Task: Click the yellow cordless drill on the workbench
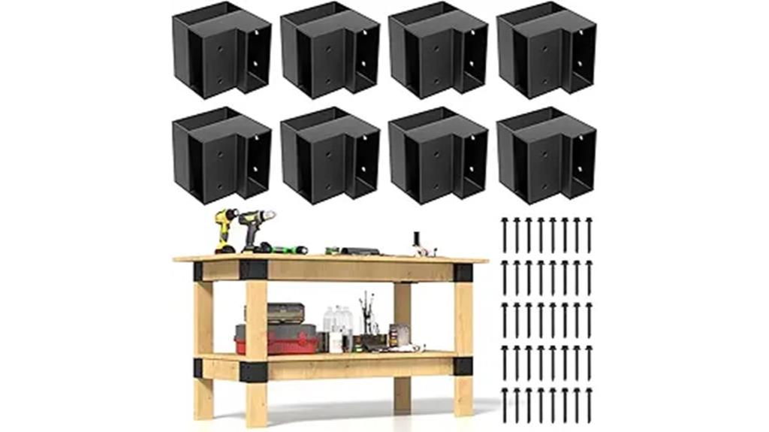coord(225,229)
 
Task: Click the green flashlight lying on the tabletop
coord(289,249)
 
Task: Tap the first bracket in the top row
coord(221,50)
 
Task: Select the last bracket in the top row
coord(546,50)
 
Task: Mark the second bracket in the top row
coord(330,50)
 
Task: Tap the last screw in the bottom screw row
coord(589,405)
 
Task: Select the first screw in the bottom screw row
coord(505,405)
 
